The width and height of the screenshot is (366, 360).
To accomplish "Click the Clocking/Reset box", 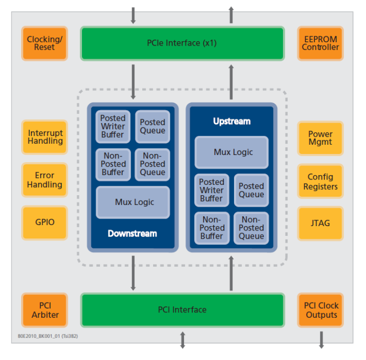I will (45, 43).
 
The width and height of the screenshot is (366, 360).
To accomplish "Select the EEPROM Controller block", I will (320, 43).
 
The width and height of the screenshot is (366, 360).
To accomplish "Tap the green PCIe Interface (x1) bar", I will (182, 43).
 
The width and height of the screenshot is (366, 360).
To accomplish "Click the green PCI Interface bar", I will (182, 309).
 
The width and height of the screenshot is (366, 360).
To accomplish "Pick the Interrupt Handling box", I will (45, 137).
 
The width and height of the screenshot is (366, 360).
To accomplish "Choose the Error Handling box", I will (45, 180).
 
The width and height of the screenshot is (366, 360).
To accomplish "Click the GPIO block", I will (45, 222).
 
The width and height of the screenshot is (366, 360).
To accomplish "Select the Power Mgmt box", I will (320, 138).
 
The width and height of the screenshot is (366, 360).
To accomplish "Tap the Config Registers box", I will (320, 181).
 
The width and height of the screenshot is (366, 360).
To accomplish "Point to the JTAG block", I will (320, 223).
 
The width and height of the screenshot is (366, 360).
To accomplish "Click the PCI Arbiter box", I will (45, 310).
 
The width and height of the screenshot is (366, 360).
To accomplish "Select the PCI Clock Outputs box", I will (321, 310).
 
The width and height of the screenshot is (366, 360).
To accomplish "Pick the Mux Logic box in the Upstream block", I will (232, 152).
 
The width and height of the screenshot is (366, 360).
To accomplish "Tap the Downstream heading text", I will (132, 233).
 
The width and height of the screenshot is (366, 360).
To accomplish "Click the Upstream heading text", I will (232, 121).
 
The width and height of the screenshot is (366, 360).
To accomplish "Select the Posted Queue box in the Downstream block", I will (153, 126).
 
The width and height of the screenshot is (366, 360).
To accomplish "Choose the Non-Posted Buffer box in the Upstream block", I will (211, 228).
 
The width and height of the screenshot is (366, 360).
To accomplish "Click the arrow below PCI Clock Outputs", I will (321, 339).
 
